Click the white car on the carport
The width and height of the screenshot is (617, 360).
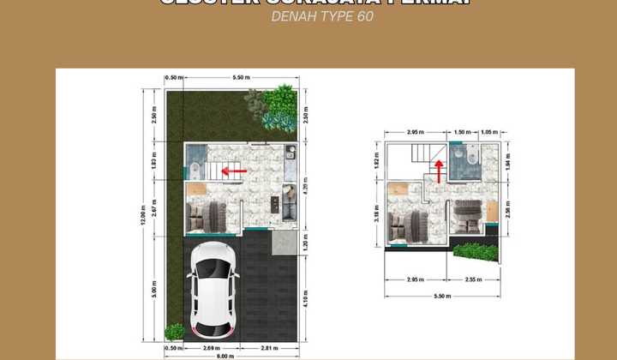pyautogui.click(x=213, y=290)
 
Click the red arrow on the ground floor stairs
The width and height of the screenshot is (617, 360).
pyautogui.click(x=234, y=171)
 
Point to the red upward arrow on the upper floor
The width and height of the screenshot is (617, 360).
pyautogui.click(x=440, y=171)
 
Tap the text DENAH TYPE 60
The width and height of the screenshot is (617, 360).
pyautogui.click(x=322, y=16)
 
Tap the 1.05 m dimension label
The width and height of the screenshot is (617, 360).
pyautogui.click(x=488, y=132)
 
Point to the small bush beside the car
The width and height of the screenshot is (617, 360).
pyautogui.click(x=174, y=331)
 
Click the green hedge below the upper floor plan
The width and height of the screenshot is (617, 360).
pyautogui.click(x=473, y=251)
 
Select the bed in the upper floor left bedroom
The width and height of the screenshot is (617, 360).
pyautogui.click(x=405, y=224)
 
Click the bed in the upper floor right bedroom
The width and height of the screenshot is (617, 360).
pyautogui.click(x=468, y=216)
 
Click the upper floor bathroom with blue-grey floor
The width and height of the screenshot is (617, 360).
pyautogui.click(x=464, y=161)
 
